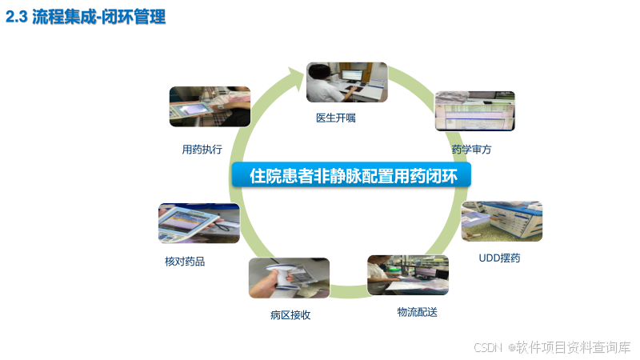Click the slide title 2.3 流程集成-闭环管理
point(86,18)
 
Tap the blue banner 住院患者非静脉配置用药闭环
point(354,176)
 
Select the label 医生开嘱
point(336,118)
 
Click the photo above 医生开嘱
point(346,82)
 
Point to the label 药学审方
point(471,149)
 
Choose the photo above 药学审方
point(474,111)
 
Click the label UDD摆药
point(499,258)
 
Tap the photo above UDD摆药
point(502,221)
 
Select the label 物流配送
point(417,311)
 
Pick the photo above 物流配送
point(407,274)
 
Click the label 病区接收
point(290,315)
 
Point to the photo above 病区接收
point(289,278)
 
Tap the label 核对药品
point(185,261)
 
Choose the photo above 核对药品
point(198,222)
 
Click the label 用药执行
point(202,149)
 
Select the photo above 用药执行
point(210,107)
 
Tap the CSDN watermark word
point(487,347)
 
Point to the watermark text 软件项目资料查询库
point(574,347)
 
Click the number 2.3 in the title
point(17,18)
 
